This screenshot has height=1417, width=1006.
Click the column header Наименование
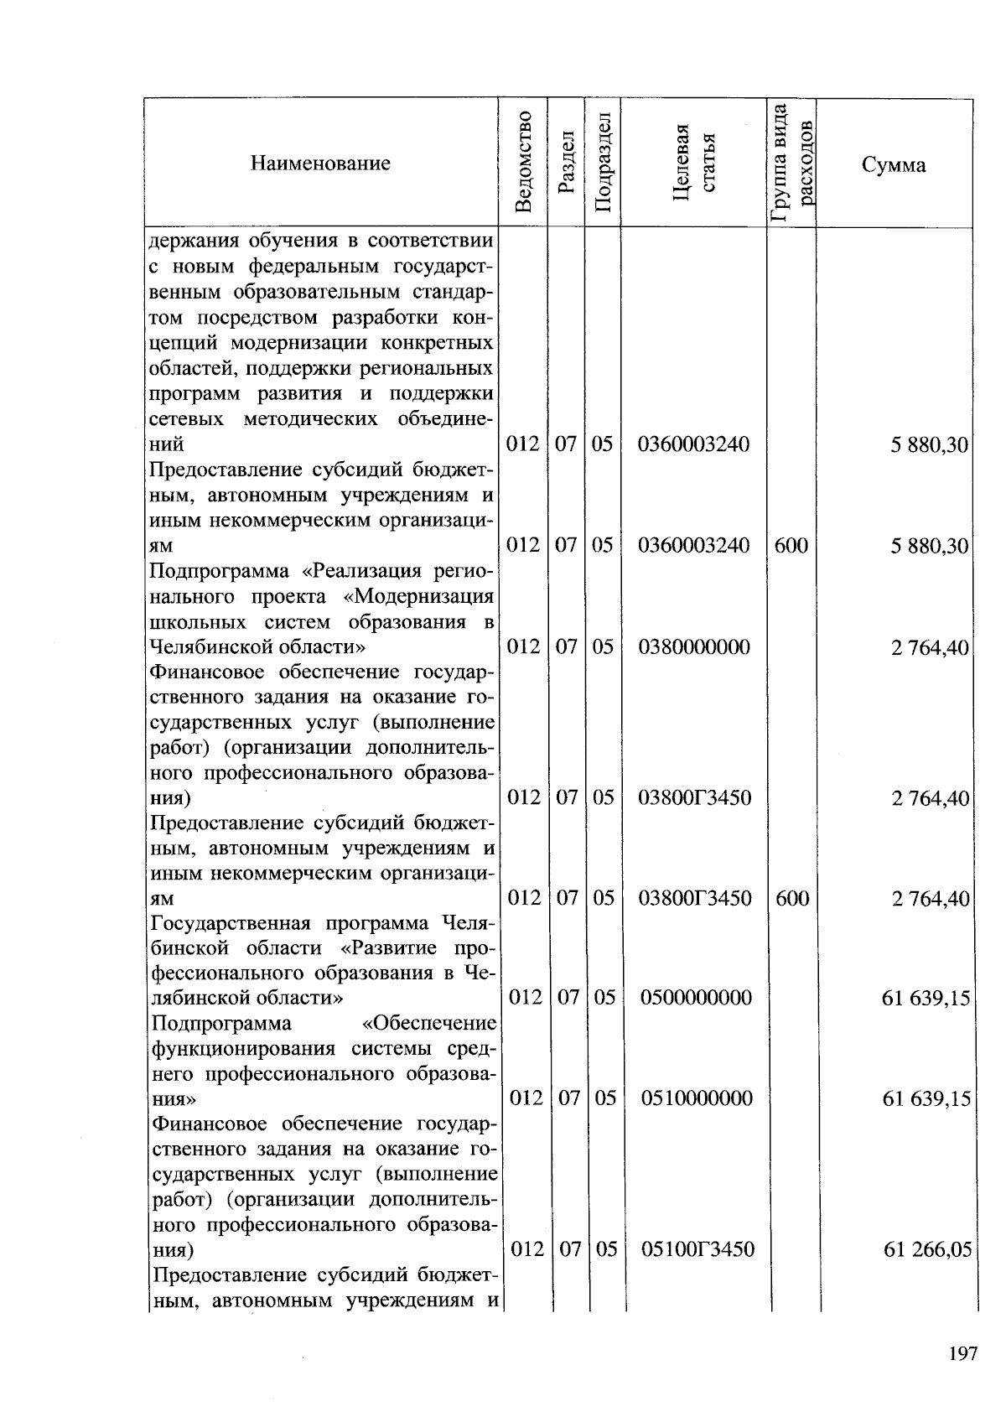tap(320, 163)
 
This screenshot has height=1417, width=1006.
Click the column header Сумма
tap(894, 164)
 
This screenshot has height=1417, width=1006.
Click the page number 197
tap(964, 1353)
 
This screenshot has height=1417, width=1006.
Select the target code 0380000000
tap(694, 646)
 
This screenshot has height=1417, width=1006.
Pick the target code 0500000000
tap(696, 998)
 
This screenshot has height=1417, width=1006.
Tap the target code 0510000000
tap(696, 1098)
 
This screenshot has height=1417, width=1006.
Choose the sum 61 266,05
tap(927, 1250)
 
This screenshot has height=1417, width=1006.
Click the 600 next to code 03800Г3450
tap(791, 898)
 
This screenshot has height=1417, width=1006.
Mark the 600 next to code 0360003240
tap(791, 546)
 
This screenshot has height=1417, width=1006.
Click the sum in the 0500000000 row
tap(926, 999)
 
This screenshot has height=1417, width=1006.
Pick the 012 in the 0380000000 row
tap(524, 646)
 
